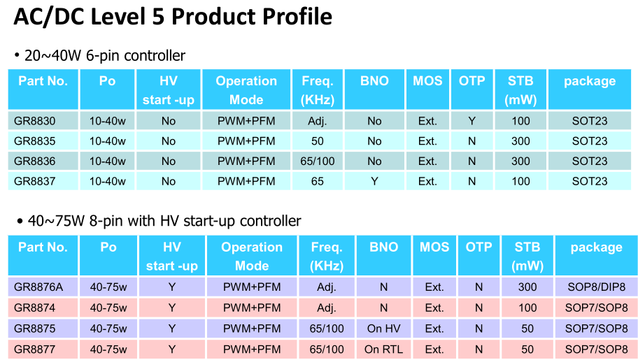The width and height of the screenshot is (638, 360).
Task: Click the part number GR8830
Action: coord(34,121)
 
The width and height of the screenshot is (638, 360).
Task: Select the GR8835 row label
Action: coord(34,141)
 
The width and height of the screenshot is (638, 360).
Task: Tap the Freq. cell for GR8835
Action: coord(318,141)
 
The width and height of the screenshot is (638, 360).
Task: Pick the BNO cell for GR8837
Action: coord(374,182)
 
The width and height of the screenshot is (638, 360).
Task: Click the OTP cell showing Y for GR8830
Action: coord(472,121)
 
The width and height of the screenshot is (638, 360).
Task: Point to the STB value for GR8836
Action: coord(520,161)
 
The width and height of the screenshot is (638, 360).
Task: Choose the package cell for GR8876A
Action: coord(597,287)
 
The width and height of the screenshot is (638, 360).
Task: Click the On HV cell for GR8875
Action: coord(383,329)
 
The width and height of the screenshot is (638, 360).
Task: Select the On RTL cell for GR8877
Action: coord(383,350)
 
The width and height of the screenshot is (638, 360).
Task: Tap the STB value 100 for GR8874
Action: coord(527,308)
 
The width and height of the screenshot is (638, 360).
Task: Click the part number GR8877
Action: coord(34,350)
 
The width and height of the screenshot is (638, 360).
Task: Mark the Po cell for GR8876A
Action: coord(108,287)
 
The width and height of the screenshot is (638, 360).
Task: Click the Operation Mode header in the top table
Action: coord(246,90)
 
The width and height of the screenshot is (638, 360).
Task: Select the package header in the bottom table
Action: coord(597,247)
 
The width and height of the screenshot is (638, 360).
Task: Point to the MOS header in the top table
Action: coord(427,81)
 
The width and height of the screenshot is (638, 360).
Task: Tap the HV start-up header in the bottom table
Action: coord(171,257)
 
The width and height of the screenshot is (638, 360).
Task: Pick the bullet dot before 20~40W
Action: coord(17,55)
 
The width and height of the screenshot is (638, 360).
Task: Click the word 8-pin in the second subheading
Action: coord(106,222)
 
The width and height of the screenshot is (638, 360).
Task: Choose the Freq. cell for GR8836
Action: coord(318,161)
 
